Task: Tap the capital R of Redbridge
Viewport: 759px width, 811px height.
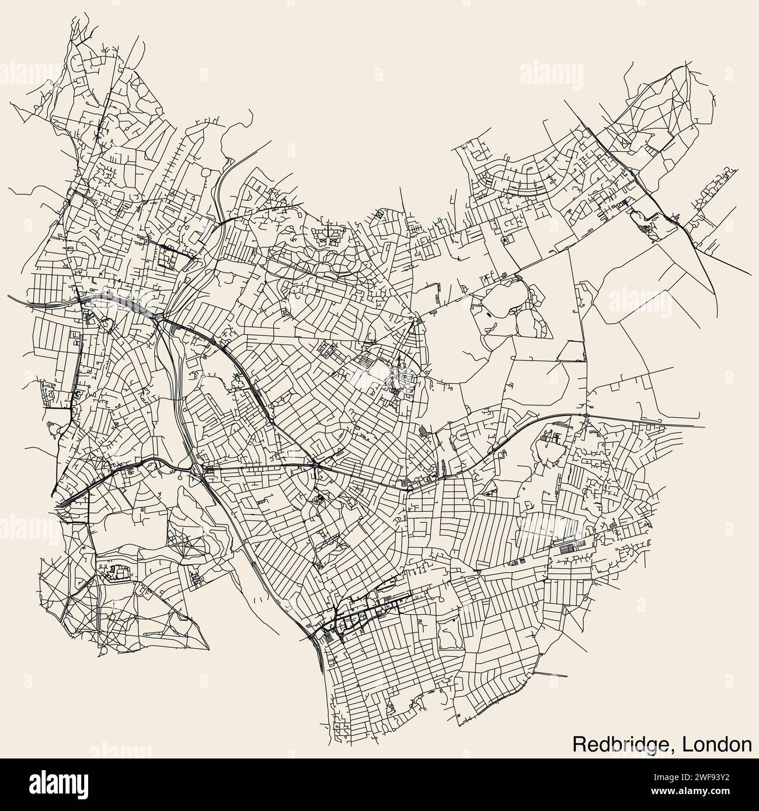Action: (x=579, y=744)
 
